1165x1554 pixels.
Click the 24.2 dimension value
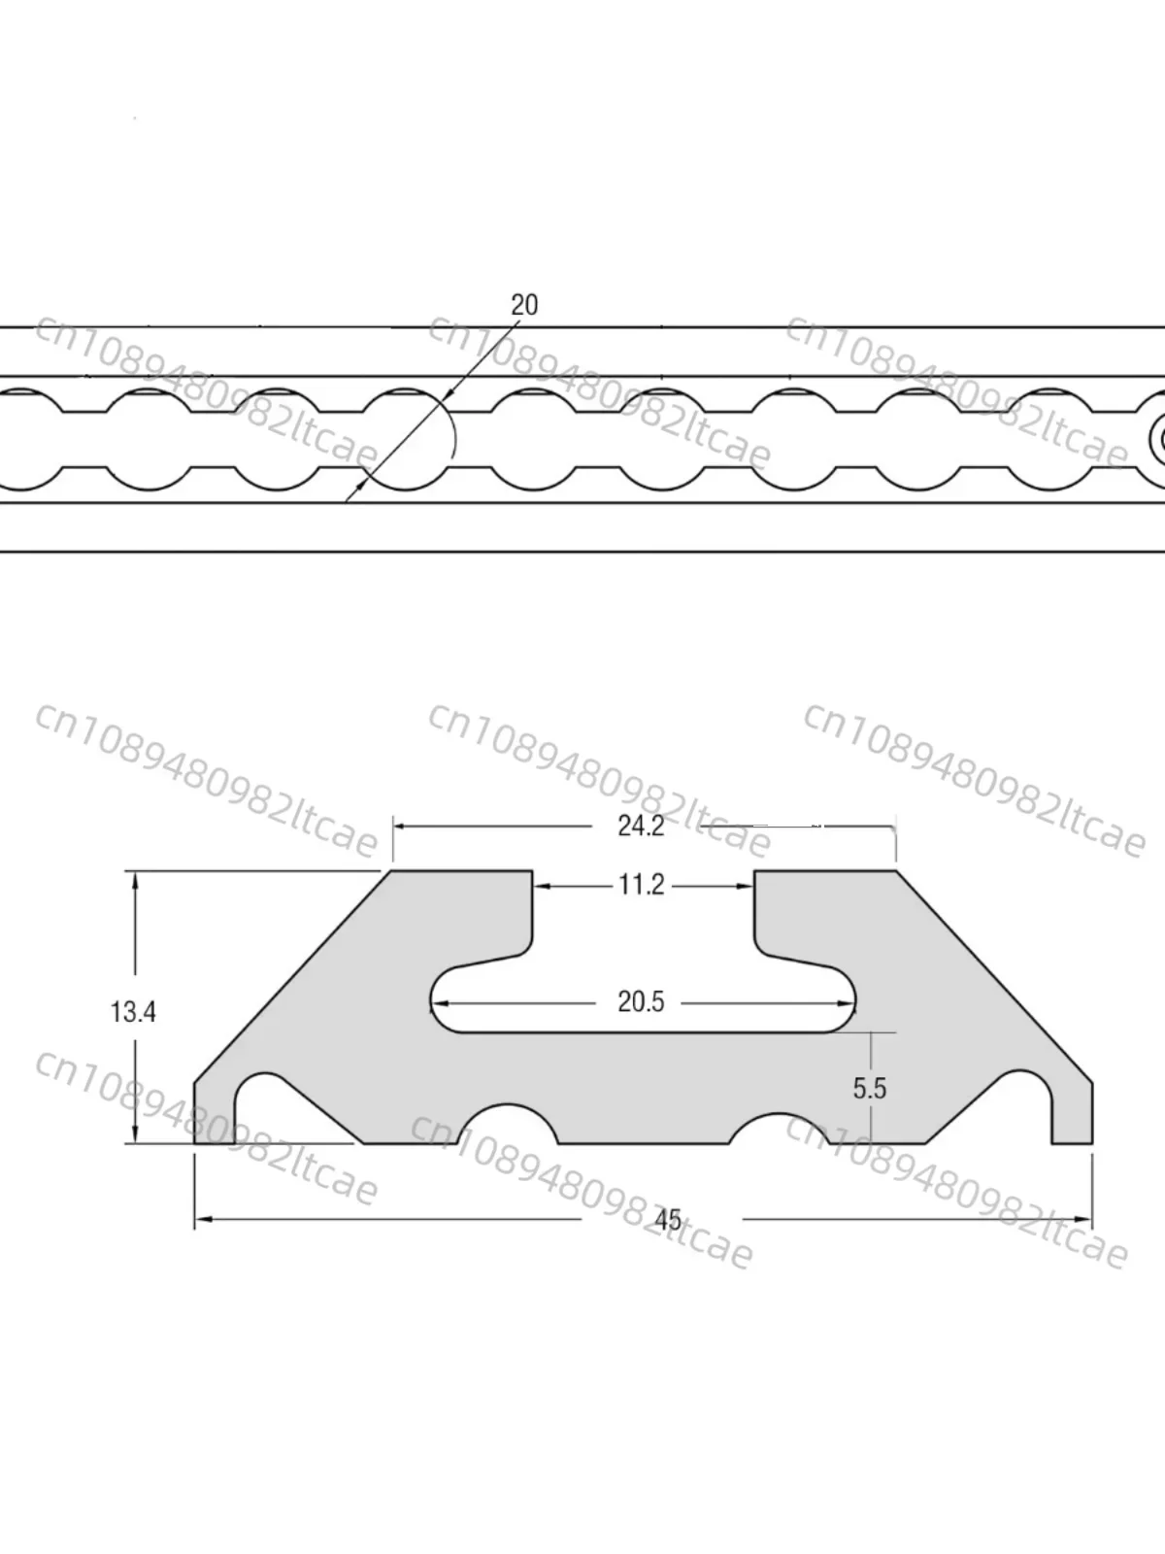pos(641,826)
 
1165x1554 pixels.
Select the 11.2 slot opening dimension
pos(642,885)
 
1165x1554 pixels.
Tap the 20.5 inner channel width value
pos(641,1001)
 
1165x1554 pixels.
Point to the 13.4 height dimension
pos(133,1012)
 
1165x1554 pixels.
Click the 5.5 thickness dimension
pos(869,1088)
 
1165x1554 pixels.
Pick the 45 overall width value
pos(668,1219)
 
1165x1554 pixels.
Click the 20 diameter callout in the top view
pos(524,305)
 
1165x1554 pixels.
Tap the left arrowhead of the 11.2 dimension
pos(542,885)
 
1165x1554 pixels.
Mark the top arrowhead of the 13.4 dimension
pos(135,880)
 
